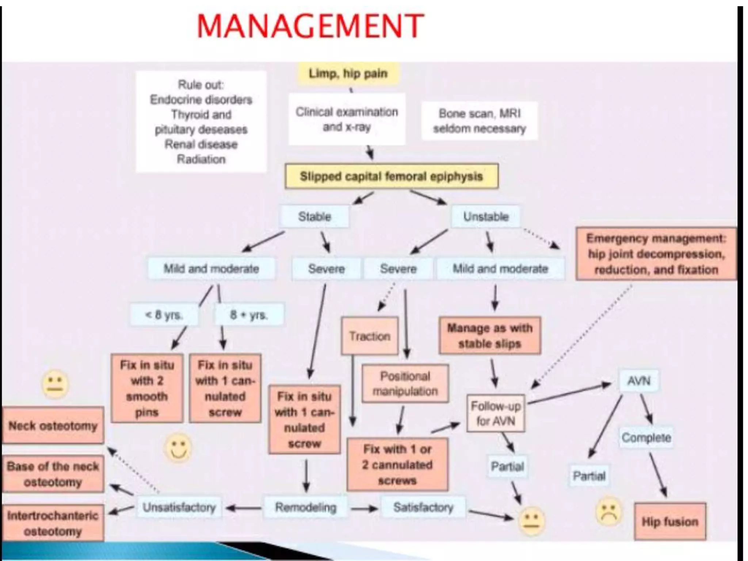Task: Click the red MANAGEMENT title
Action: point(310,26)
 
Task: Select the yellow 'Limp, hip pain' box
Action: point(348,74)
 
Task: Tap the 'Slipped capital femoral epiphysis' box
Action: point(391,176)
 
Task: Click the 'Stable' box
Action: point(314,217)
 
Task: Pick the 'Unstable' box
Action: point(486,217)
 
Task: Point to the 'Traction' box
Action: point(370,336)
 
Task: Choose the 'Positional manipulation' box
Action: point(405,383)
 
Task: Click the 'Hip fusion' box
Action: point(670,522)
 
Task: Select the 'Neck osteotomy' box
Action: point(53,425)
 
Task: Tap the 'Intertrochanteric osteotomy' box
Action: point(53,523)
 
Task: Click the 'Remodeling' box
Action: point(306,507)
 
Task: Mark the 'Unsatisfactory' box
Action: point(179,507)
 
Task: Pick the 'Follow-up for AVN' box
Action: point(496,413)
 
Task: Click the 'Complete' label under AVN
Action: point(646,438)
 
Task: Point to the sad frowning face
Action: point(608,511)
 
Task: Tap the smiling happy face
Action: point(178,447)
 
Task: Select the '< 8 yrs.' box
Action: point(164,314)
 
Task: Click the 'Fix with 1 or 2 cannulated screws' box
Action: point(397,465)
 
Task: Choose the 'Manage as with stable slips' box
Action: point(490,336)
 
